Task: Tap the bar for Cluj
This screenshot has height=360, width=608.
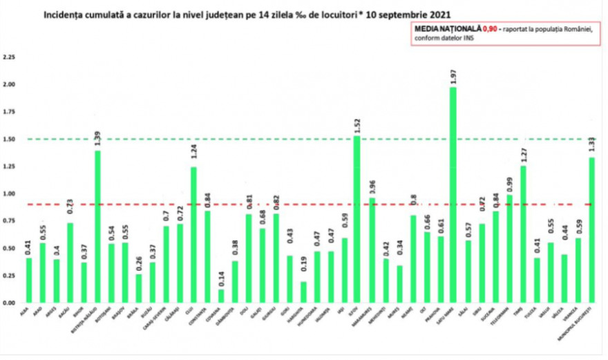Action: click(193, 235)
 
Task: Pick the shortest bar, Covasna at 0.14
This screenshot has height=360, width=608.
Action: click(220, 296)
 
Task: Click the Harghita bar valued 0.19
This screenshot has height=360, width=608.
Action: click(303, 292)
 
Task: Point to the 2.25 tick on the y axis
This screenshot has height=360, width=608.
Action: click(10, 57)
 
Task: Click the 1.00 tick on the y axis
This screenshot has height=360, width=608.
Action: click(10, 193)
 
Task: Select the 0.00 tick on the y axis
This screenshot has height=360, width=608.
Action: click(10, 303)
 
